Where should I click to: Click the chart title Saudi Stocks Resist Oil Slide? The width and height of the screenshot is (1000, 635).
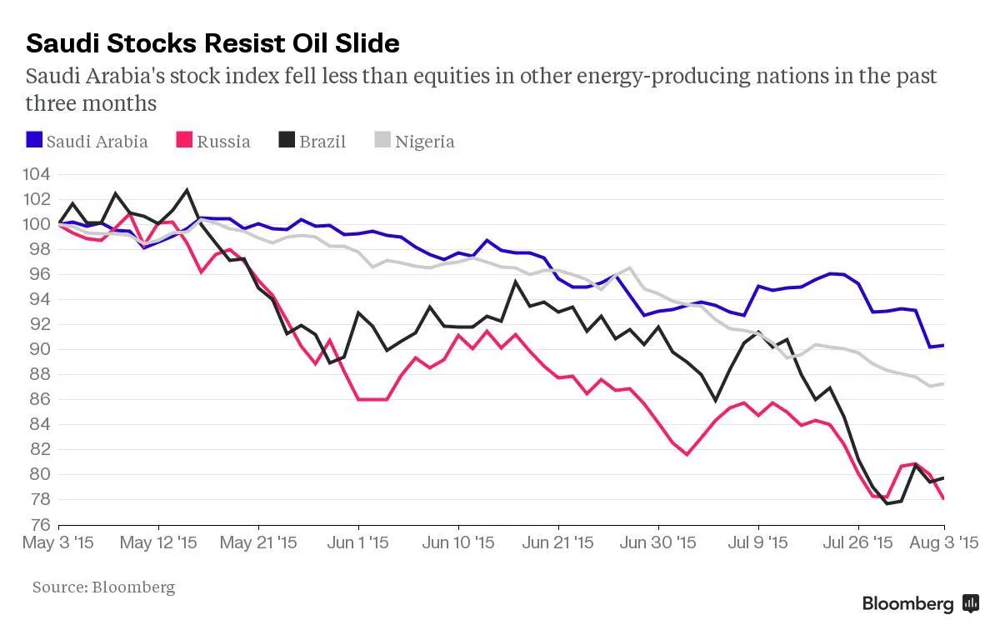pyautogui.click(x=212, y=42)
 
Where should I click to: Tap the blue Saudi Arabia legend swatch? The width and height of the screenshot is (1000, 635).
pyautogui.click(x=33, y=140)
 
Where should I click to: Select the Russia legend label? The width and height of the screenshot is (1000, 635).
pyautogui.click(x=223, y=141)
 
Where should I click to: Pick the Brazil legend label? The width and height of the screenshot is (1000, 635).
pyautogui.click(x=322, y=141)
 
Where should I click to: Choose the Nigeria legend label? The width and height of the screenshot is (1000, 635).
pyautogui.click(x=424, y=141)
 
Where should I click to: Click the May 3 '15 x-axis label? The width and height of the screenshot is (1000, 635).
pyautogui.click(x=59, y=543)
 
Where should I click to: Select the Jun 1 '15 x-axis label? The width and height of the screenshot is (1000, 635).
pyautogui.click(x=358, y=543)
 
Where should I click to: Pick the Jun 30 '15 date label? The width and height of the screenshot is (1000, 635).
pyautogui.click(x=658, y=543)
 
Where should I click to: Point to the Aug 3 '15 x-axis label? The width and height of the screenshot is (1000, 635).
pyautogui.click(x=943, y=543)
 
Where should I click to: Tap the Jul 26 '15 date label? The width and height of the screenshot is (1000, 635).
pyautogui.click(x=858, y=543)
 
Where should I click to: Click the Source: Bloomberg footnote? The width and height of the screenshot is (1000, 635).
pyautogui.click(x=104, y=587)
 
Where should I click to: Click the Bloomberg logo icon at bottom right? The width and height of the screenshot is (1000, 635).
pyautogui.click(x=970, y=604)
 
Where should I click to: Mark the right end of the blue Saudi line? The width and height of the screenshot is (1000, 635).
pyautogui.click(x=943, y=345)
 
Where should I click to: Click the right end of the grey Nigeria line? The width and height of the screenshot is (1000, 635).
pyautogui.click(x=943, y=383)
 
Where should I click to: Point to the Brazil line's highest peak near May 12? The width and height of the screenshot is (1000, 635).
pyautogui.click(x=187, y=190)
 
